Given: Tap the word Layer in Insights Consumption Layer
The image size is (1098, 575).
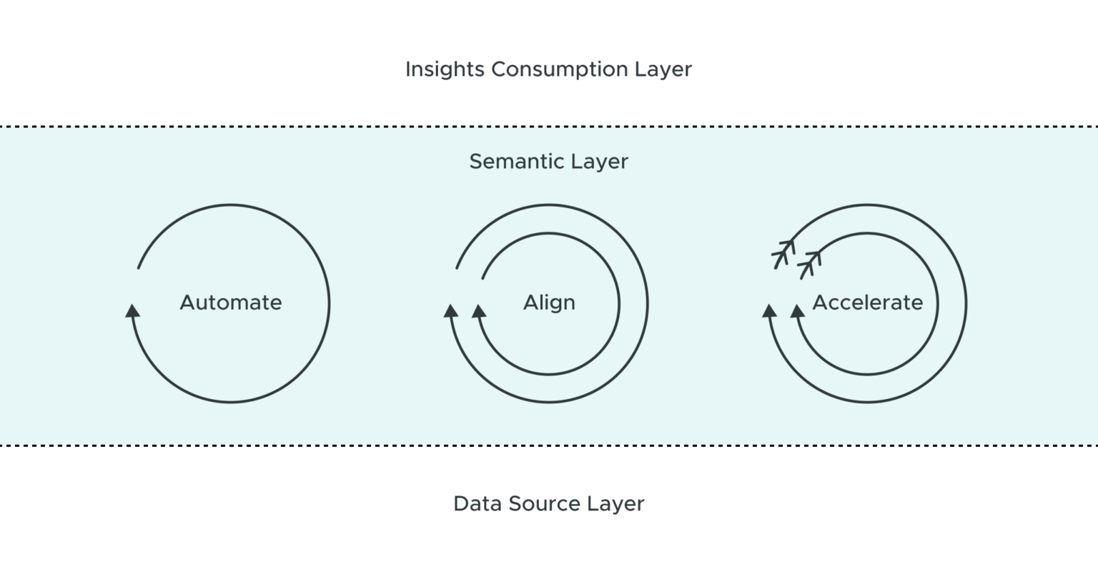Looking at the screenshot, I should point(663,69).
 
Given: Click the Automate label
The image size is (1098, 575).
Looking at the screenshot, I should point(231,303).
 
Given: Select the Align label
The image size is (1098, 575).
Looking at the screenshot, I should point(549,303).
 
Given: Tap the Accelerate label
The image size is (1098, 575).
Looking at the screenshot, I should point(867,303).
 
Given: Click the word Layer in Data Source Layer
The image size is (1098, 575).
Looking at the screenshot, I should point(615,503).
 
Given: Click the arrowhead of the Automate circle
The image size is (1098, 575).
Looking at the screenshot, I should point(132,310).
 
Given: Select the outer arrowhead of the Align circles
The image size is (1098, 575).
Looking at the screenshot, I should point(451,310).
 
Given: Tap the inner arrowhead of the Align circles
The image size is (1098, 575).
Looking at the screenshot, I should point(479,310).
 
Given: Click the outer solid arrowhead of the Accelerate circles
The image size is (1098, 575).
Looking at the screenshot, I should point(769,310).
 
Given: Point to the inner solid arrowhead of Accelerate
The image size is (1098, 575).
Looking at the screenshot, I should point(797,310).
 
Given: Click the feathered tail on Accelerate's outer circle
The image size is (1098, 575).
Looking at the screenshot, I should point(783,252).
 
